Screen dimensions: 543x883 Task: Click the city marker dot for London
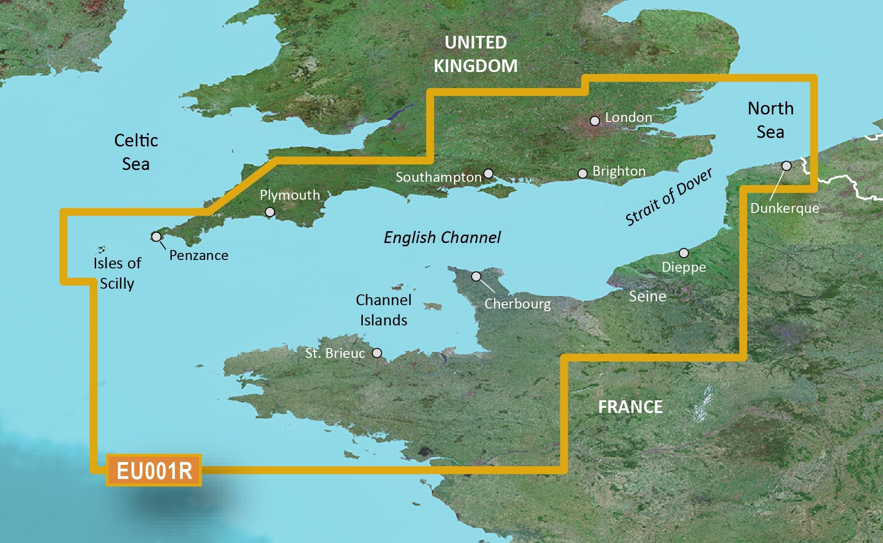click(x=595, y=121)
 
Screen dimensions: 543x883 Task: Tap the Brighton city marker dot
click(x=582, y=174)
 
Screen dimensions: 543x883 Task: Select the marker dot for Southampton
click(x=489, y=173)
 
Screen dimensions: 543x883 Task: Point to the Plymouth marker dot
click(x=270, y=212)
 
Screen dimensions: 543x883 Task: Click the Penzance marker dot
click(x=156, y=236)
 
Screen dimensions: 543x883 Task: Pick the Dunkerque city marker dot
click(x=786, y=166)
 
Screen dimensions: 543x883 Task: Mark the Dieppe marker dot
click(x=684, y=253)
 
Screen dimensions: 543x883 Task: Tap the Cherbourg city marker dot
click(x=476, y=276)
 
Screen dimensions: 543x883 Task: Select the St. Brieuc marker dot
click(x=377, y=353)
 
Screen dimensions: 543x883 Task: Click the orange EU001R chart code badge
click(x=154, y=470)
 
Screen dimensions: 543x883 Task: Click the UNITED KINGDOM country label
click(x=475, y=54)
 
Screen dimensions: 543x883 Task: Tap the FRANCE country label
click(x=630, y=407)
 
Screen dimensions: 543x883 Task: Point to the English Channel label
click(x=442, y=237)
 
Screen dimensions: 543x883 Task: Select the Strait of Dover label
click(x=668, y=197)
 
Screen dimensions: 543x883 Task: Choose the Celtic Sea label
click(x=136, y=152)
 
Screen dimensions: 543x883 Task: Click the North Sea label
click(x=770, y=120)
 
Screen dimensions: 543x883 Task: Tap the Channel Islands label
click(x=384, y=310)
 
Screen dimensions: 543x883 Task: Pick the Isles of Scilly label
click(x=117, y=273)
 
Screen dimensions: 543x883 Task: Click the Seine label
click(x=647, y=296)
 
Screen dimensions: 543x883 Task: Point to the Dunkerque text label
click(x=785, y=208)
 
